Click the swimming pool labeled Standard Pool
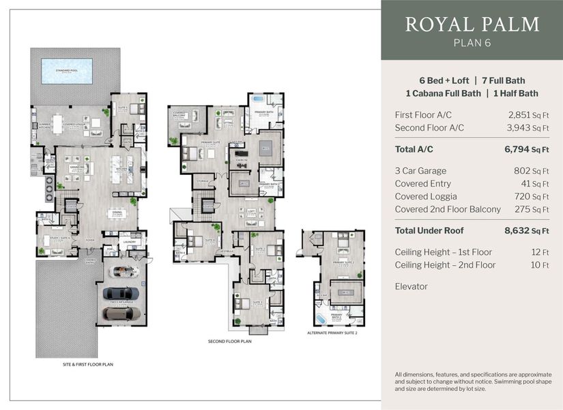[x=67, y=70]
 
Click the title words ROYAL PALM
[x=472, y=25]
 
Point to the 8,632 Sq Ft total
[x=527, y=232]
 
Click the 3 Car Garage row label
[x=420, y=171]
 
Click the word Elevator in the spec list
[x=411, y=286]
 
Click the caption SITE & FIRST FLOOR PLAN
[x=83, y=365]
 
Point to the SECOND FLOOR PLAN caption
[x=230, y=340]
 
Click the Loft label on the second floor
[x=250, y=211]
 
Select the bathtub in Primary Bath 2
[x=321, y=319]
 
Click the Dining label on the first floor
[x=117, y=212]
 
